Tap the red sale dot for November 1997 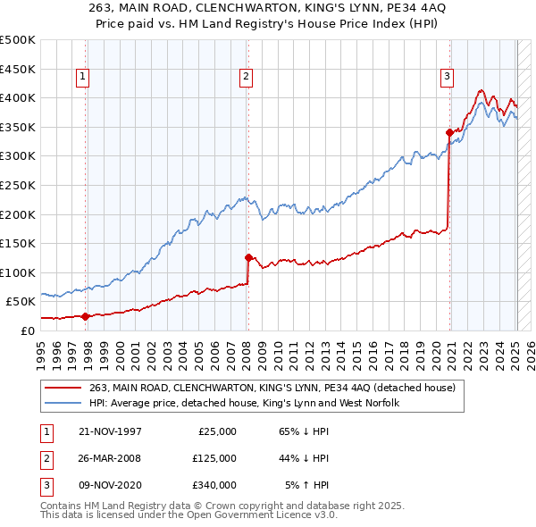tap(86, 315)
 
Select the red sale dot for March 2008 tap(248, 257)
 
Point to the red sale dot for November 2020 tap(449, 132)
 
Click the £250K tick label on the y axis tap(18, 185)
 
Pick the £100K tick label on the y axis tap(18, 272)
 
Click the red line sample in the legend tap(63, 388)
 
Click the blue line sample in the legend tap(63, 403)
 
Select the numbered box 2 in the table tap(44, 458)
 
